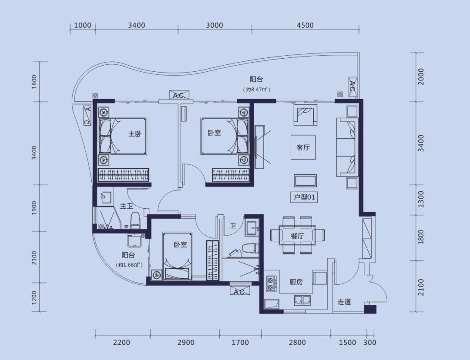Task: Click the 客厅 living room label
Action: pos(303,147)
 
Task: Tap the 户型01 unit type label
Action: pos(304,197)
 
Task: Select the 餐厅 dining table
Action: pos(297,235)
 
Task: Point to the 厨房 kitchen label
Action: pos(296,282)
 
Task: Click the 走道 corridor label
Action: pos(344,302)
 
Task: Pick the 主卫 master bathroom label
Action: pos(127,206)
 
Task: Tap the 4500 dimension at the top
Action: pos(305,25)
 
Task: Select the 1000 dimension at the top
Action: pos(82,25)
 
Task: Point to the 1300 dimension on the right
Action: pos(421,200)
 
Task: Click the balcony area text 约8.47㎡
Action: pos(257,89)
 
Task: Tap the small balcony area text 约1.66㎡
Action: pos(128,265)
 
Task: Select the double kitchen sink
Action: pos(302,300)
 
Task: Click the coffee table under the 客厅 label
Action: pos(305,181)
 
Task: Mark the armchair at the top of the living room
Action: pos(305,115)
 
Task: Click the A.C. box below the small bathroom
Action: pos(239,291)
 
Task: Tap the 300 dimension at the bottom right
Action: pos(370,342)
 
